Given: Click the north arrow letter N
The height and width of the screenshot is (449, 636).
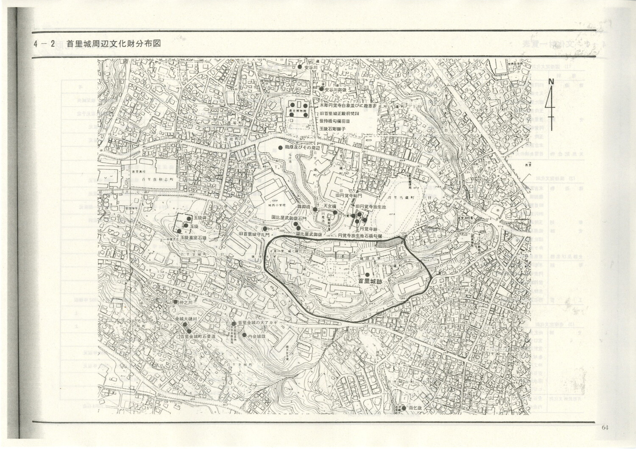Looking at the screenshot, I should pos(551,81).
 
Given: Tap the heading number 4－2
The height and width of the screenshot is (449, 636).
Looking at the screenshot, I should pos(44,44).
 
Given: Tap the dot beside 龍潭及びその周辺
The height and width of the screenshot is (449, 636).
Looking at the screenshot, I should pos(280,147).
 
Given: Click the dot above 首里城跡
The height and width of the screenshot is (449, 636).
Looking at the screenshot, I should pos(367,274).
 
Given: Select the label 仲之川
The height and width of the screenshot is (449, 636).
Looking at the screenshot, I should pos(185,302).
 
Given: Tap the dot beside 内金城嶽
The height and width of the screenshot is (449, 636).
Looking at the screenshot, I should pos(244,335).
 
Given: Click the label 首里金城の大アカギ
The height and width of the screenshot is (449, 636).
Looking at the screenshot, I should pos(257,323).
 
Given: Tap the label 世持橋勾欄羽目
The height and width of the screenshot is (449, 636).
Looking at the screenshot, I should pos(335,121).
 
